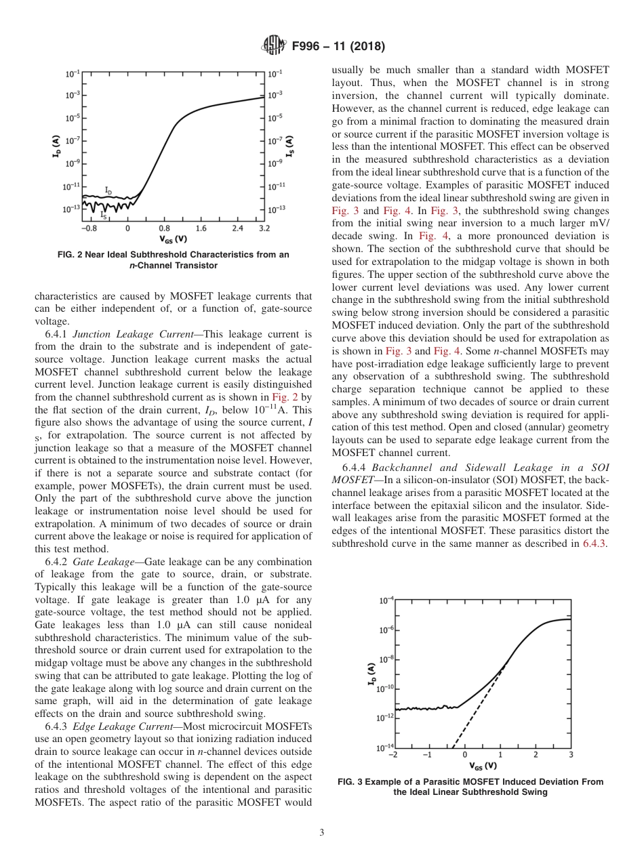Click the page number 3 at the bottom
(321, 833)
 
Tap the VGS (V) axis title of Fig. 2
(174, 239)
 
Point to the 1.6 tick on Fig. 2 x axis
(201, 229)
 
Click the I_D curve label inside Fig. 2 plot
(108, 190)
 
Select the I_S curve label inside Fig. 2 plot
(103, 214)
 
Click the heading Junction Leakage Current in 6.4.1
(134, 335)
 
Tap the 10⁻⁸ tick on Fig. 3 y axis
(385, 659)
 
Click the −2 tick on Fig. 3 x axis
(395, 754)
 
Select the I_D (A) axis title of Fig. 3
(371, 673)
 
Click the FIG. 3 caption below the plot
(470, 787)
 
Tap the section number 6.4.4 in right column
(355, 468)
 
